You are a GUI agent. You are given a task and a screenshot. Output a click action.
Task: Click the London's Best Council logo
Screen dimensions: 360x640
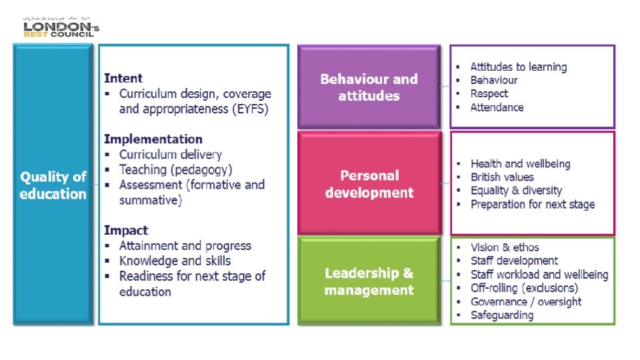61,27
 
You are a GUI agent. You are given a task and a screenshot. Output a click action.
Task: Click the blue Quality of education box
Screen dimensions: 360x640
53,185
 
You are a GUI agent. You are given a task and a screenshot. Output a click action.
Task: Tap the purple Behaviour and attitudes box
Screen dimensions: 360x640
369,87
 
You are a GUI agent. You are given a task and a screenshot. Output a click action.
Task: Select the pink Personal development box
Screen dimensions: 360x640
369,184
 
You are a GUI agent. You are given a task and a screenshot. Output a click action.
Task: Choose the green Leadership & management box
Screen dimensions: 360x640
369,281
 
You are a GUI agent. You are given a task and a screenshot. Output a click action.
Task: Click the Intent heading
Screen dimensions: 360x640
123,78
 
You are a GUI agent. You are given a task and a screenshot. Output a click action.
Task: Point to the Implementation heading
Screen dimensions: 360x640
153,139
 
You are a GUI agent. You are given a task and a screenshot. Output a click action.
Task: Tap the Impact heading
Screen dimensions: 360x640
125,231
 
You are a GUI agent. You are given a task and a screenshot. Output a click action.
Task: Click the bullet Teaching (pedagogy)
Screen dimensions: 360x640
175,170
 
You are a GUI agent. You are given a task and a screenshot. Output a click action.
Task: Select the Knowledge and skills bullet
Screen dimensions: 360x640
175,261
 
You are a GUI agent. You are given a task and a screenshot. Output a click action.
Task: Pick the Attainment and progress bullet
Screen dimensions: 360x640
185,246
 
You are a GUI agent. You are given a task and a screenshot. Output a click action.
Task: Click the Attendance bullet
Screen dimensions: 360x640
497,107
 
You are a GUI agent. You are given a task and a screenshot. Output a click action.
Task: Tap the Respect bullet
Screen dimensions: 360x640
489,94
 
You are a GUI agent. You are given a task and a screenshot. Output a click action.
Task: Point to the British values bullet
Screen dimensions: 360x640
502,177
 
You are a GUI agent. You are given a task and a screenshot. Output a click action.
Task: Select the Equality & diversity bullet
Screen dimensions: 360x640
516,191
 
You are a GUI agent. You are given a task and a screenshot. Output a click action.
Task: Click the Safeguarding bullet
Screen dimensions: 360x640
502,315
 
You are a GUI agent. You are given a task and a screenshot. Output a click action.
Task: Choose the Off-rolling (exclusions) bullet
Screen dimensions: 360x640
524,288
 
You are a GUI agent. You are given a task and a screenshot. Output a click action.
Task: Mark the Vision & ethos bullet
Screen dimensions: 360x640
505,247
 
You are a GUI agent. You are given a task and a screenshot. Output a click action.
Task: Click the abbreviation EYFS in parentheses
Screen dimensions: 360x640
251,109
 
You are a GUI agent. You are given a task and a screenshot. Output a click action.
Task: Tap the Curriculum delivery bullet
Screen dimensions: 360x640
170,155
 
